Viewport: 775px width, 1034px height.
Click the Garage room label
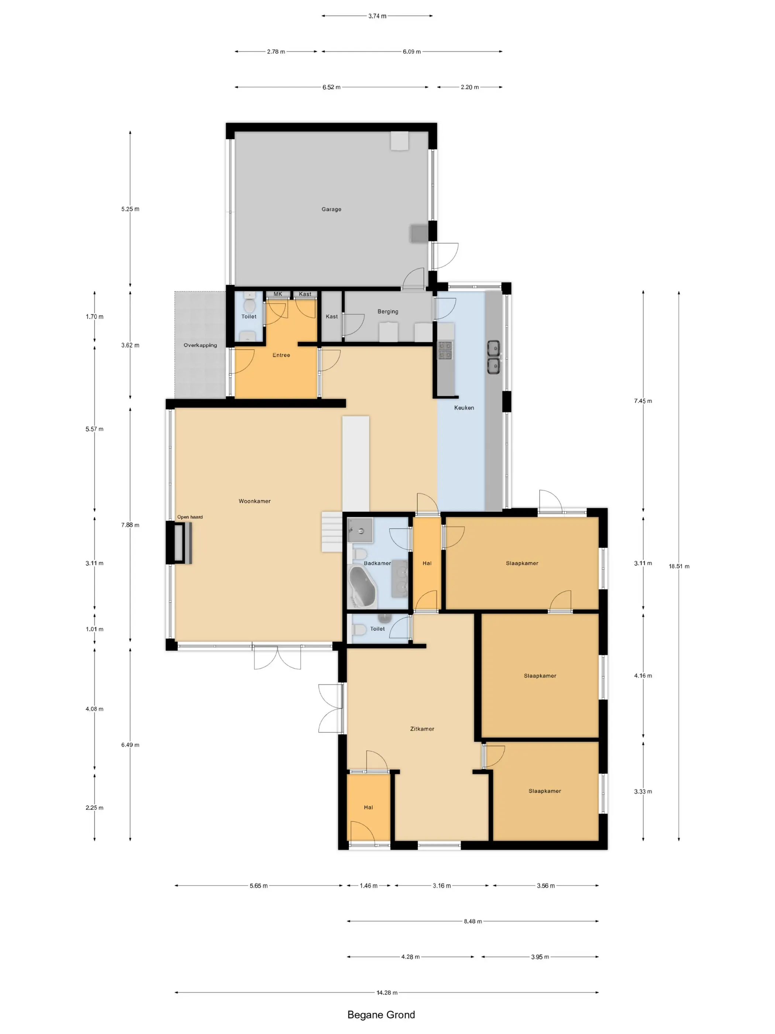pyautogui.click(x=331, y=209)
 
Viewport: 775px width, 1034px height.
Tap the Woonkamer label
pyautogui.click(x=255, y=501)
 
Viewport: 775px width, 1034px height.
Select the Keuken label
pyautogui.click(x=464, y=408)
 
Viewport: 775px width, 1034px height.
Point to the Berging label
pyautogui.click(x=388, y=311)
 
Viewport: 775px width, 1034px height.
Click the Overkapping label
pyautogui.click(x=200, y=345)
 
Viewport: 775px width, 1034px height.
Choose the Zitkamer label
pyautogui.click(x=422, y=729)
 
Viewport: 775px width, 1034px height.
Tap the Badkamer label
pyautogui.click(x=377, y=563)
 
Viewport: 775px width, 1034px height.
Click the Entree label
pyautogui.click(x=281, y=355)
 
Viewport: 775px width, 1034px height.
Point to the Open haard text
pyautogui.click(x=190, y=517)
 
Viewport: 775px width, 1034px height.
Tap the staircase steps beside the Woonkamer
pyautogui.click(x=332, y=532)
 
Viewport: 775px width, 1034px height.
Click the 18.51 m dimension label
pyautogui.click(x=679, y=566)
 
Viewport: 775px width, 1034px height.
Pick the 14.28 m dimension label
pyautogui.click(x=387, y=992)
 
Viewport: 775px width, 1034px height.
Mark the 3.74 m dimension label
pyautogui.click(x=377, y=16)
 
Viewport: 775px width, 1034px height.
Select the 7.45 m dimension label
pyautogui.click(x=643, y=401)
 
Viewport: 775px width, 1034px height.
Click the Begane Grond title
pyautogui.click(x=381, y=1015)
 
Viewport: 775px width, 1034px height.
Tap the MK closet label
pyautogui.click(x=278, y=294)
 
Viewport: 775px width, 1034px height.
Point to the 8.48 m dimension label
pyautogui.click(x=473, y=921)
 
